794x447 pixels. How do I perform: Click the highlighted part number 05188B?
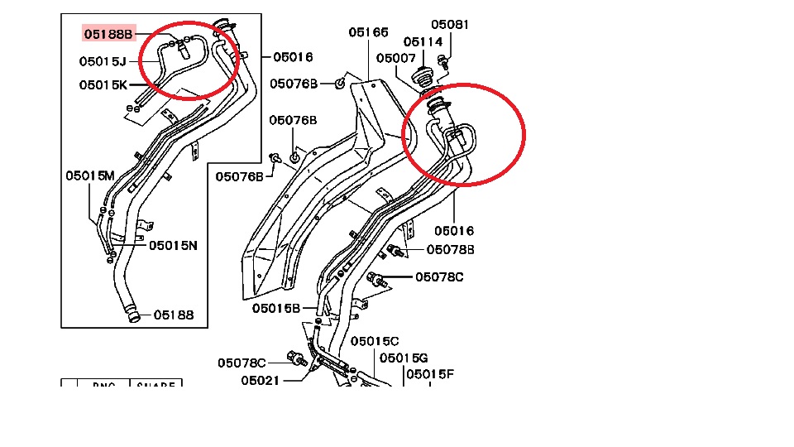coord(108,34)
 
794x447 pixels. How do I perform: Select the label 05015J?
coord(103,60)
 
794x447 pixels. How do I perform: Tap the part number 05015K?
coord(103,84)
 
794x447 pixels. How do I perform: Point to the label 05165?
coord(368,32)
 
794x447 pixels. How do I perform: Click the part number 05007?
coord(395,58)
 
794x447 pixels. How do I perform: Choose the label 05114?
coord(423,41)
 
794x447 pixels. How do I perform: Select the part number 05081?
coord(450,25)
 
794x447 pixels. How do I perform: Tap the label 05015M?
coord(90,175)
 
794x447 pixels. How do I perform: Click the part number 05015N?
coord(173,245)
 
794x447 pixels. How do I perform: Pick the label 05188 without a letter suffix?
coord(173,315)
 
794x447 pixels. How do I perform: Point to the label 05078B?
coord(451,249)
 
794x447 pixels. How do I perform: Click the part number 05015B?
coord(276,308)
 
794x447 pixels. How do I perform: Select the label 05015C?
coord(375,341)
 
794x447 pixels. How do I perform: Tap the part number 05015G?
coord(404,358)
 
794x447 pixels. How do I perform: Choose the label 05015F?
coord(429,374)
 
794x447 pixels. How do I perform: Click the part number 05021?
coord(261,381)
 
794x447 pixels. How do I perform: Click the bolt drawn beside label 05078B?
coord(395,250)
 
